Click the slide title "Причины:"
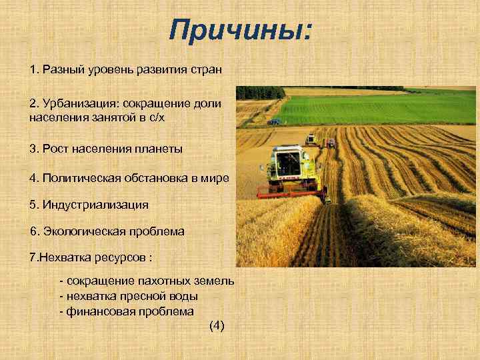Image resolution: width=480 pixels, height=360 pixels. pos(240,30)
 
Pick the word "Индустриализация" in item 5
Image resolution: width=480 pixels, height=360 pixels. pos(94,204)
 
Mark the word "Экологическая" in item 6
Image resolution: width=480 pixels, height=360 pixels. pos(79,231)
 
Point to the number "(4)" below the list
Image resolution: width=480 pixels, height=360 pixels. pos(217,325)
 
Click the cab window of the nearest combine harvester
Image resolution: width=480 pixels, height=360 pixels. pos(288,163)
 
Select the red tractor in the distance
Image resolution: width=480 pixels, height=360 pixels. pos(330,142)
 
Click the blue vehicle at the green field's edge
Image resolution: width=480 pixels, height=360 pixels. pos(273,122)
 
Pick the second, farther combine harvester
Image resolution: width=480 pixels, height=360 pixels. pos(311,140)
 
